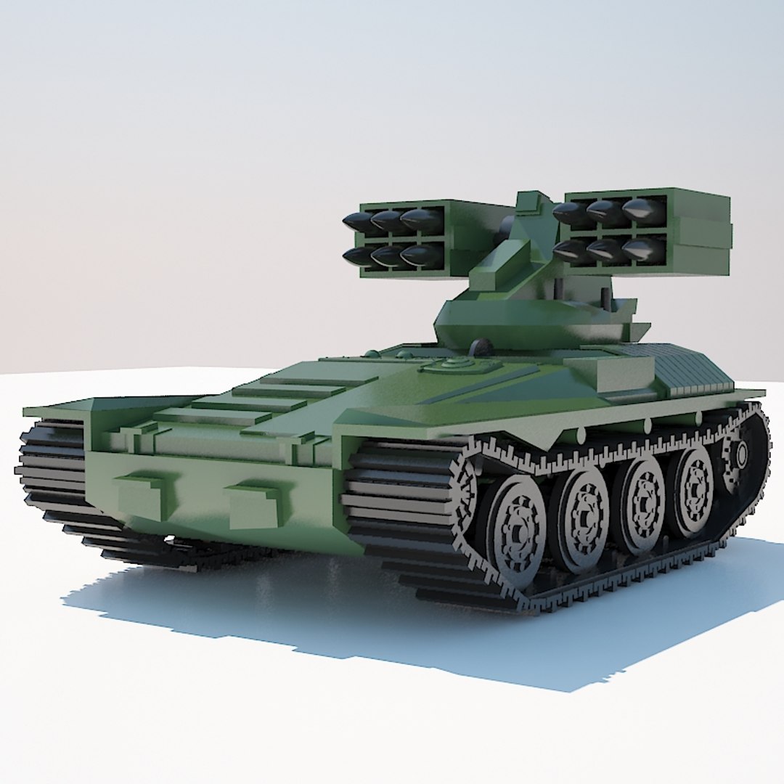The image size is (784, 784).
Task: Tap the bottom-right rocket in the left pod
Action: click(421, 254)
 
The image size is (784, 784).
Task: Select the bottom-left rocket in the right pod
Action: click(571, 251)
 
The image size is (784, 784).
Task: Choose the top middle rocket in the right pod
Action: click(605, 211)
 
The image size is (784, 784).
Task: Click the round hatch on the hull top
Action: click(454, 364)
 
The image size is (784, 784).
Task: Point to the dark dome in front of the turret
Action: click(478, 346)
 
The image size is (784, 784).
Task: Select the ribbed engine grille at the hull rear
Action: click(690, 370)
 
